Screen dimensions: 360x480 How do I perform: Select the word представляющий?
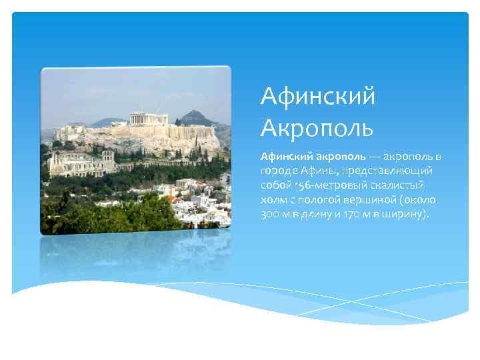pyautogui.click(x=386, y=171)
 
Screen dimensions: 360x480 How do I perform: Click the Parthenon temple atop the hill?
pyautogui.click(x=149, y=119)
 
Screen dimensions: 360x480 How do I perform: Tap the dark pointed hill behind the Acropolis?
pyautogui.click(x=199, y=117)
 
